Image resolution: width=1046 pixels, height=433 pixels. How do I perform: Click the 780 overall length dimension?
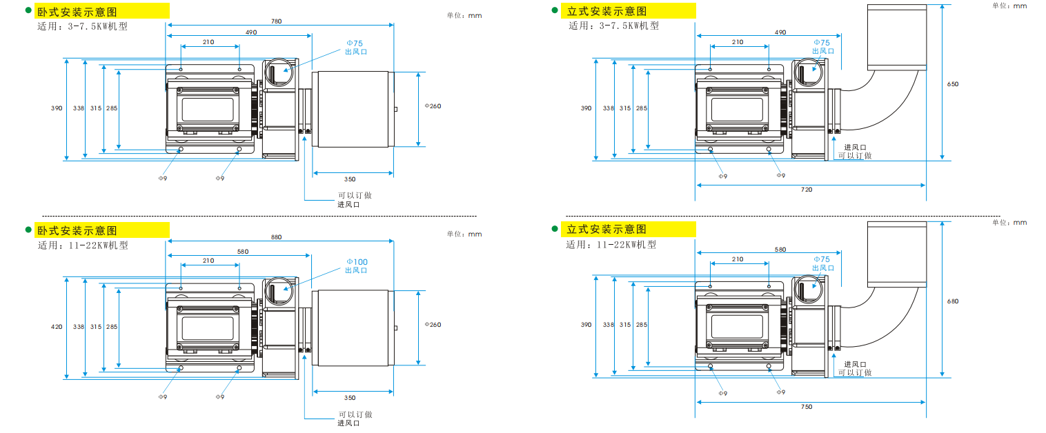click(x=277, y=21)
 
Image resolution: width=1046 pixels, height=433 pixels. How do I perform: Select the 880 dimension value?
click(x=277, y=237)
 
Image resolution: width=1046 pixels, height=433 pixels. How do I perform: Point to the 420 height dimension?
click(x=57, y=327)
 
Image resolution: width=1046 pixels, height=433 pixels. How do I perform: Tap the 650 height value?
click(x=953, y=84)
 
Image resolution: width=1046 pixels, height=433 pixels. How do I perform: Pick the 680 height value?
click(x=953, y=301)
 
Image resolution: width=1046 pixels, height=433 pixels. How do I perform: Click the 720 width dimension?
click(x=807, y=190)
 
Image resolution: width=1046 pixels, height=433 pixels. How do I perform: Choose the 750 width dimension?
click(x=807, y=406)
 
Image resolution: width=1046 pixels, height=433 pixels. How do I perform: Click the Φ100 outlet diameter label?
click(x=357, y=262)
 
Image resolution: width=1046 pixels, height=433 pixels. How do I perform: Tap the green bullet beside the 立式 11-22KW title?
click(x=555, y=229)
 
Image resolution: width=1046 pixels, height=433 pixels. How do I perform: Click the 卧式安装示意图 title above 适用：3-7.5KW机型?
click(x=77, y=12)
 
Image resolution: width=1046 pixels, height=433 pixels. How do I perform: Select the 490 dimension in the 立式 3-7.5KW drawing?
click(x=780, y=32)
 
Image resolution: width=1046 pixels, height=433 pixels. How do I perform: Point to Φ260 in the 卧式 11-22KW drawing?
click(x=433, y=324)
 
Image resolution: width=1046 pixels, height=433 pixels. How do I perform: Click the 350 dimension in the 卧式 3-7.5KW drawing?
click(x=350, y=179)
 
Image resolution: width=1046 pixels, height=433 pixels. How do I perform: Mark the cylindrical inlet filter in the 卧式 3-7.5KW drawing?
click(x=353, y=109)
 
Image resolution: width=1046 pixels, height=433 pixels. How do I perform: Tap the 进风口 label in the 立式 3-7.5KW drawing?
click(x=855, y=148)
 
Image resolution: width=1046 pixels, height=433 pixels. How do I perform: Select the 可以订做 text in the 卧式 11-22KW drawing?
click(x=355, y=414)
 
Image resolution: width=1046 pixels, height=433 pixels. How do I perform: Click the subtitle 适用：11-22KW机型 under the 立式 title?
click(x=611, y=245)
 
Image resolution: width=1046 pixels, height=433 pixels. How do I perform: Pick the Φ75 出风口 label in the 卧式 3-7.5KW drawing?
click(x=356, y=47)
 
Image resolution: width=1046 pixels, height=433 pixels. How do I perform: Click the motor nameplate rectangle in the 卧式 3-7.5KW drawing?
click(x=208, y=109)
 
